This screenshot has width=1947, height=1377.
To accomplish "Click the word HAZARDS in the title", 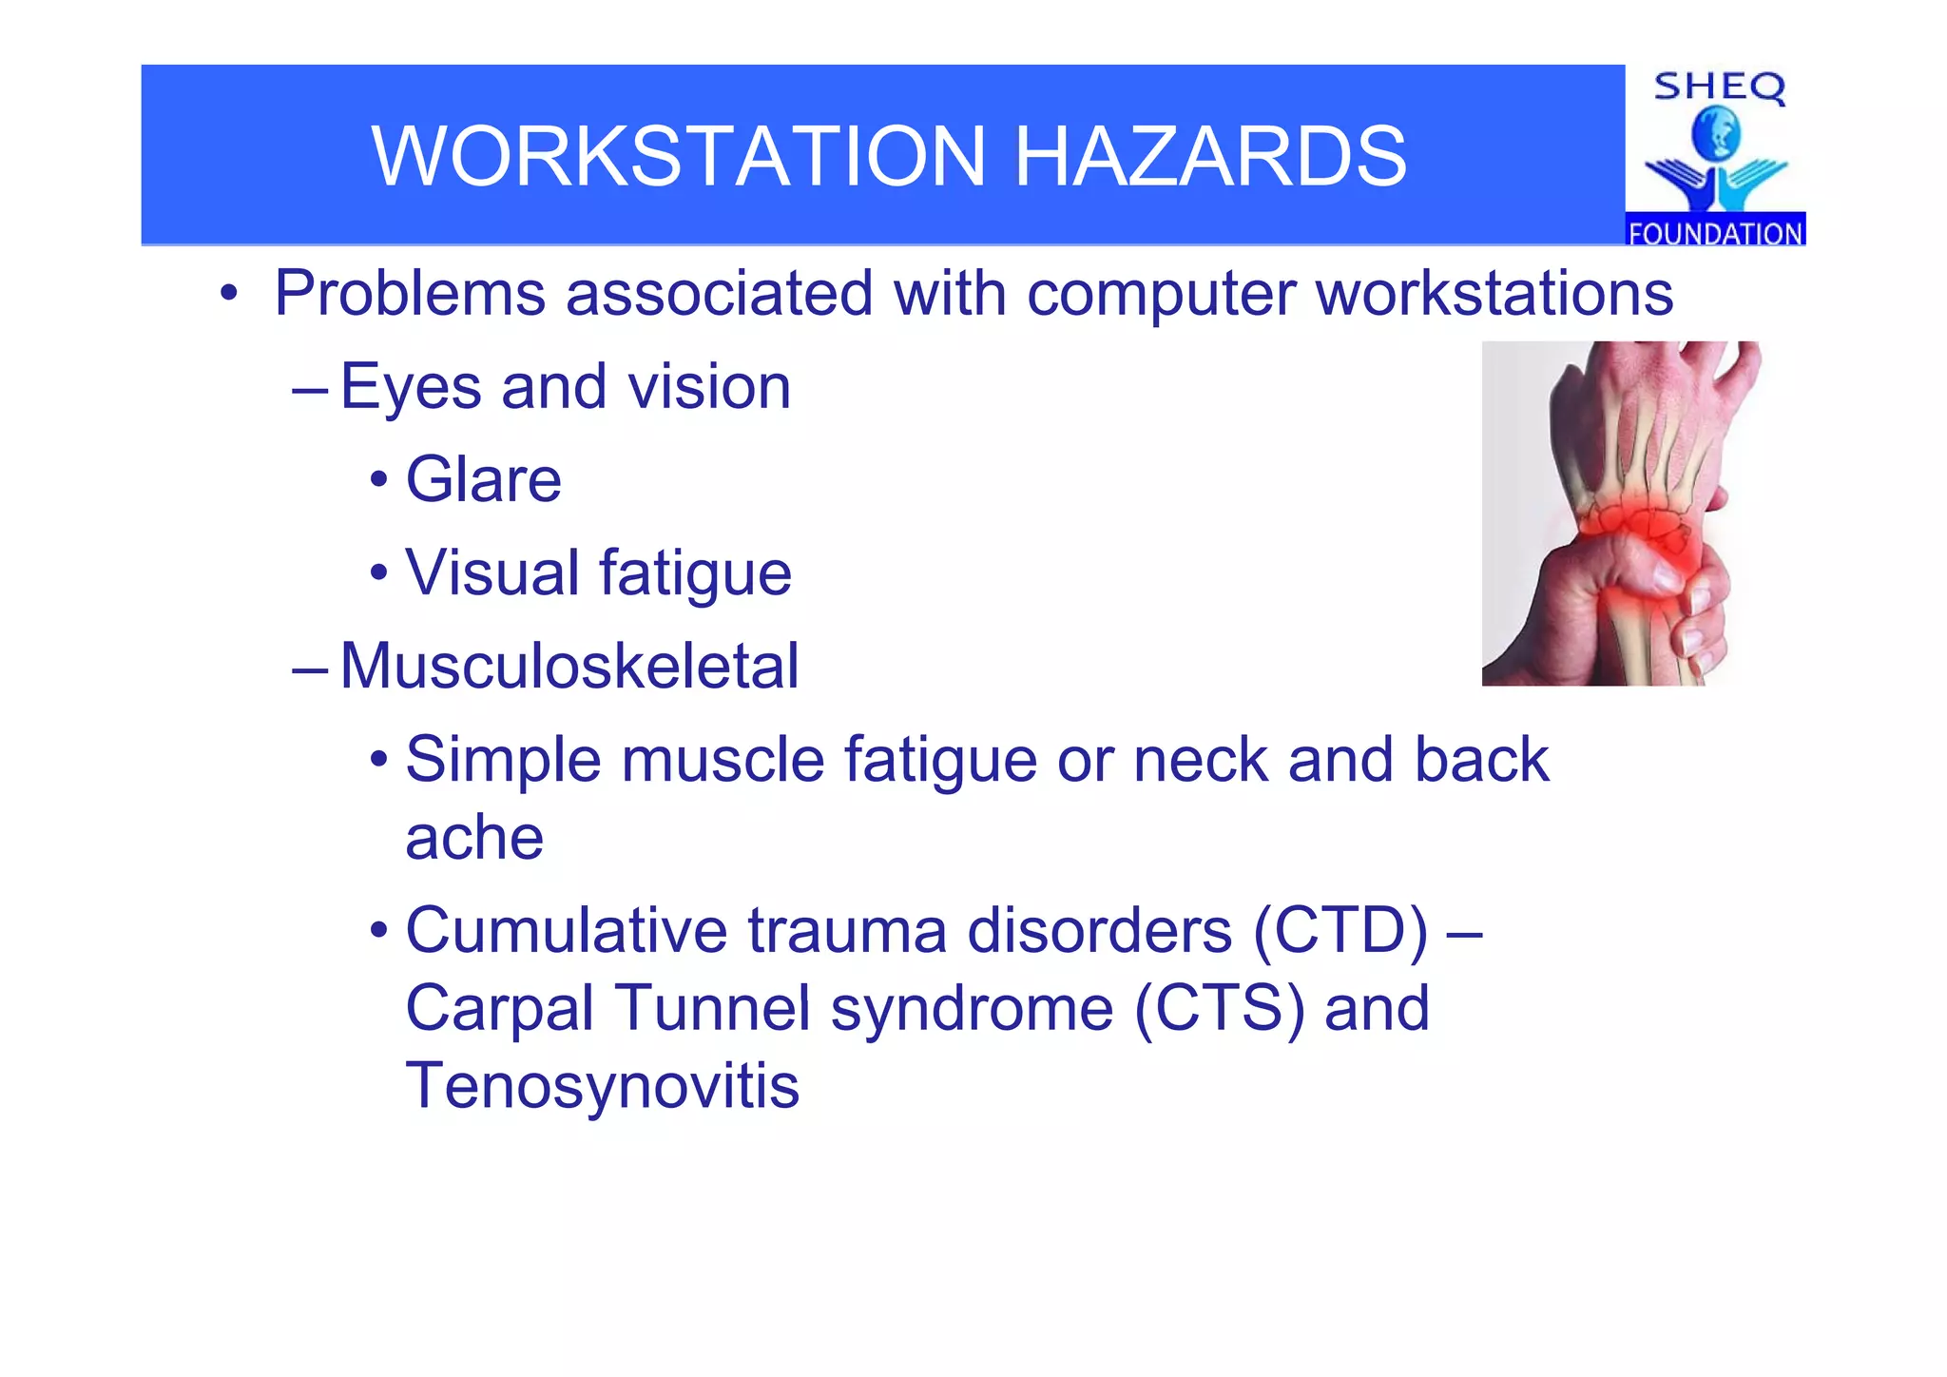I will pyautogui.click(x=1209, y=156).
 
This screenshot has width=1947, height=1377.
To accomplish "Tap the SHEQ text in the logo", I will pyautogui.click(x=1719, y=87).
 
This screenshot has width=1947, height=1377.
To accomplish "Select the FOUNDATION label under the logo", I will pyautogui.click(x=1715, y=233).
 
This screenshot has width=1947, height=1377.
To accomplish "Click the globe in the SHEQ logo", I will pyautogui.click(x=1716, y=134).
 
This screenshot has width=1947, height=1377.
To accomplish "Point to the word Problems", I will pyautogui.click(x=409, y=293).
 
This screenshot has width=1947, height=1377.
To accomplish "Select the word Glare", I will pyautogui.click(x=483, y=479).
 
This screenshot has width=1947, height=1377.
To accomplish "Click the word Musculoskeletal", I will pyautogui.click(x=569, y=666).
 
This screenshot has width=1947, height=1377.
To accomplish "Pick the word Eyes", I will pyautogui.click(x=411, y=388).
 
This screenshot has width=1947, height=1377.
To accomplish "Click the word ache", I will pyautogui.click(x=473, y=839).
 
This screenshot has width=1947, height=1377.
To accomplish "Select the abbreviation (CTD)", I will pyautogui.click(x=1340, y=930).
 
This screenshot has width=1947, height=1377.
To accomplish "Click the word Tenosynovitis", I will pyautogui.click(x=602, y=1086).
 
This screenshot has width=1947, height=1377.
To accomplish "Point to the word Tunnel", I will pyautogui.click(x=713, y=1008).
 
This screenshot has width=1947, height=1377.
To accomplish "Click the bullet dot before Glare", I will pyautogui.click(x=379, y=480).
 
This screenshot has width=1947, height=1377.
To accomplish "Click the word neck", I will pyautogui.click(x=1201, y=761).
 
